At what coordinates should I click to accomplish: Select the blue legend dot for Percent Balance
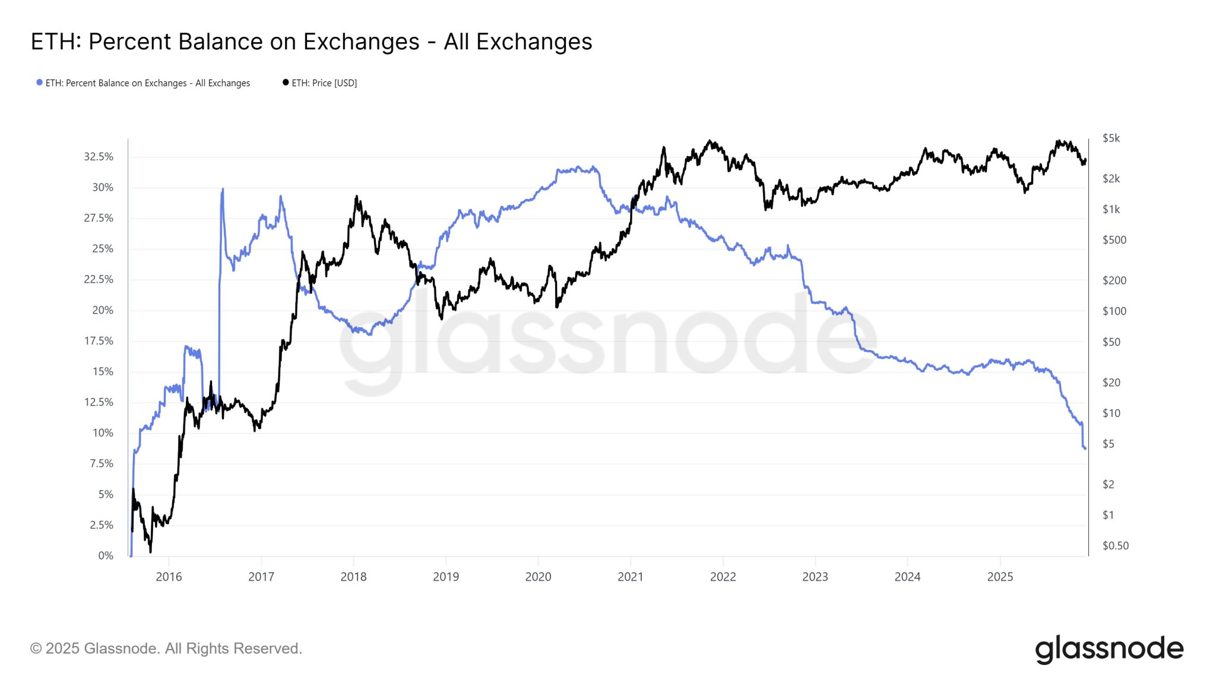click(39, 83)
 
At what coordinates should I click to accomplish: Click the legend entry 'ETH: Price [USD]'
click(324, 83)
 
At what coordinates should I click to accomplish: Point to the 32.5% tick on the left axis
click(99, 157)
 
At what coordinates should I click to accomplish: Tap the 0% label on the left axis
click(106, 556)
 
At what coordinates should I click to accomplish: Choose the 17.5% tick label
click(99, 341)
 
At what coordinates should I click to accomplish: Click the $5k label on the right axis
click(1111, 138)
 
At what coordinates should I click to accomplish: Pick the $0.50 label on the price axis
click(1115, 546)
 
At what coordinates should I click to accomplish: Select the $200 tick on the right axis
click(1114, 280)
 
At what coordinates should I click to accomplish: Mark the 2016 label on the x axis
click(169, 577)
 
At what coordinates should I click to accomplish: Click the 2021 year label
click(630, 577)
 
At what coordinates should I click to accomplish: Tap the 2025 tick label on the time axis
click(1000, 577)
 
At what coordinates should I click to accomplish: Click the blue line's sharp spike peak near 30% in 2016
click(223, 189)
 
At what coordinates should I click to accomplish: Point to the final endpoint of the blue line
click(1085, 448)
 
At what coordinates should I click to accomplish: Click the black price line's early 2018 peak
click(356, 197)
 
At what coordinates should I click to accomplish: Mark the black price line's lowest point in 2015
click(150, 552)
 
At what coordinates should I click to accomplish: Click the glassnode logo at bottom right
click(1109, 649)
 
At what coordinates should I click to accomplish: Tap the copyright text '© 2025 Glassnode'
click(166, 648)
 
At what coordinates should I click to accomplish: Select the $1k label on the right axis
click(1111, 210)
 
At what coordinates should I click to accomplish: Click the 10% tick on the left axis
click(103, 433)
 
